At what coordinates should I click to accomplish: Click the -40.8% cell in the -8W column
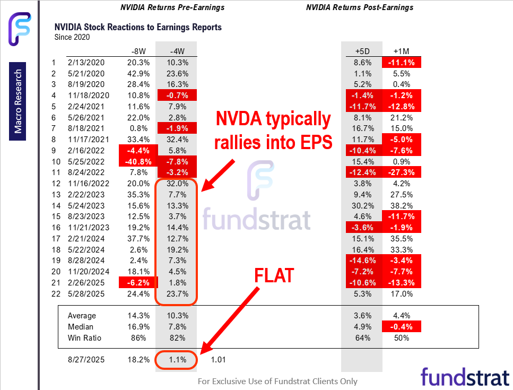[140, 161]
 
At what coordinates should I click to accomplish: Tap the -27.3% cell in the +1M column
[402, 172]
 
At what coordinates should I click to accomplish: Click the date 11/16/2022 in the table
[86, 184]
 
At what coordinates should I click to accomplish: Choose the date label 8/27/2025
[86, 360]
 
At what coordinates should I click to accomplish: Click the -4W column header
[177, 51]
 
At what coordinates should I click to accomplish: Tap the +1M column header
[402, 51]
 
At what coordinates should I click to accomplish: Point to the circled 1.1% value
[177, 360]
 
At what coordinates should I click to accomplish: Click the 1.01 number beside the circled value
[219, 360]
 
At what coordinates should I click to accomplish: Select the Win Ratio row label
[84, 337]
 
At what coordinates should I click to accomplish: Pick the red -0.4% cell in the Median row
[402, 326]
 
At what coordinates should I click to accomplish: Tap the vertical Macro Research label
[19, 102]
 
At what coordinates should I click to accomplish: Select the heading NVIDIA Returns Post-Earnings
[360, 7]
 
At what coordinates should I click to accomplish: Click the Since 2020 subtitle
[72, 37]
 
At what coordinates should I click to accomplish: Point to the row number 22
[53, 294]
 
